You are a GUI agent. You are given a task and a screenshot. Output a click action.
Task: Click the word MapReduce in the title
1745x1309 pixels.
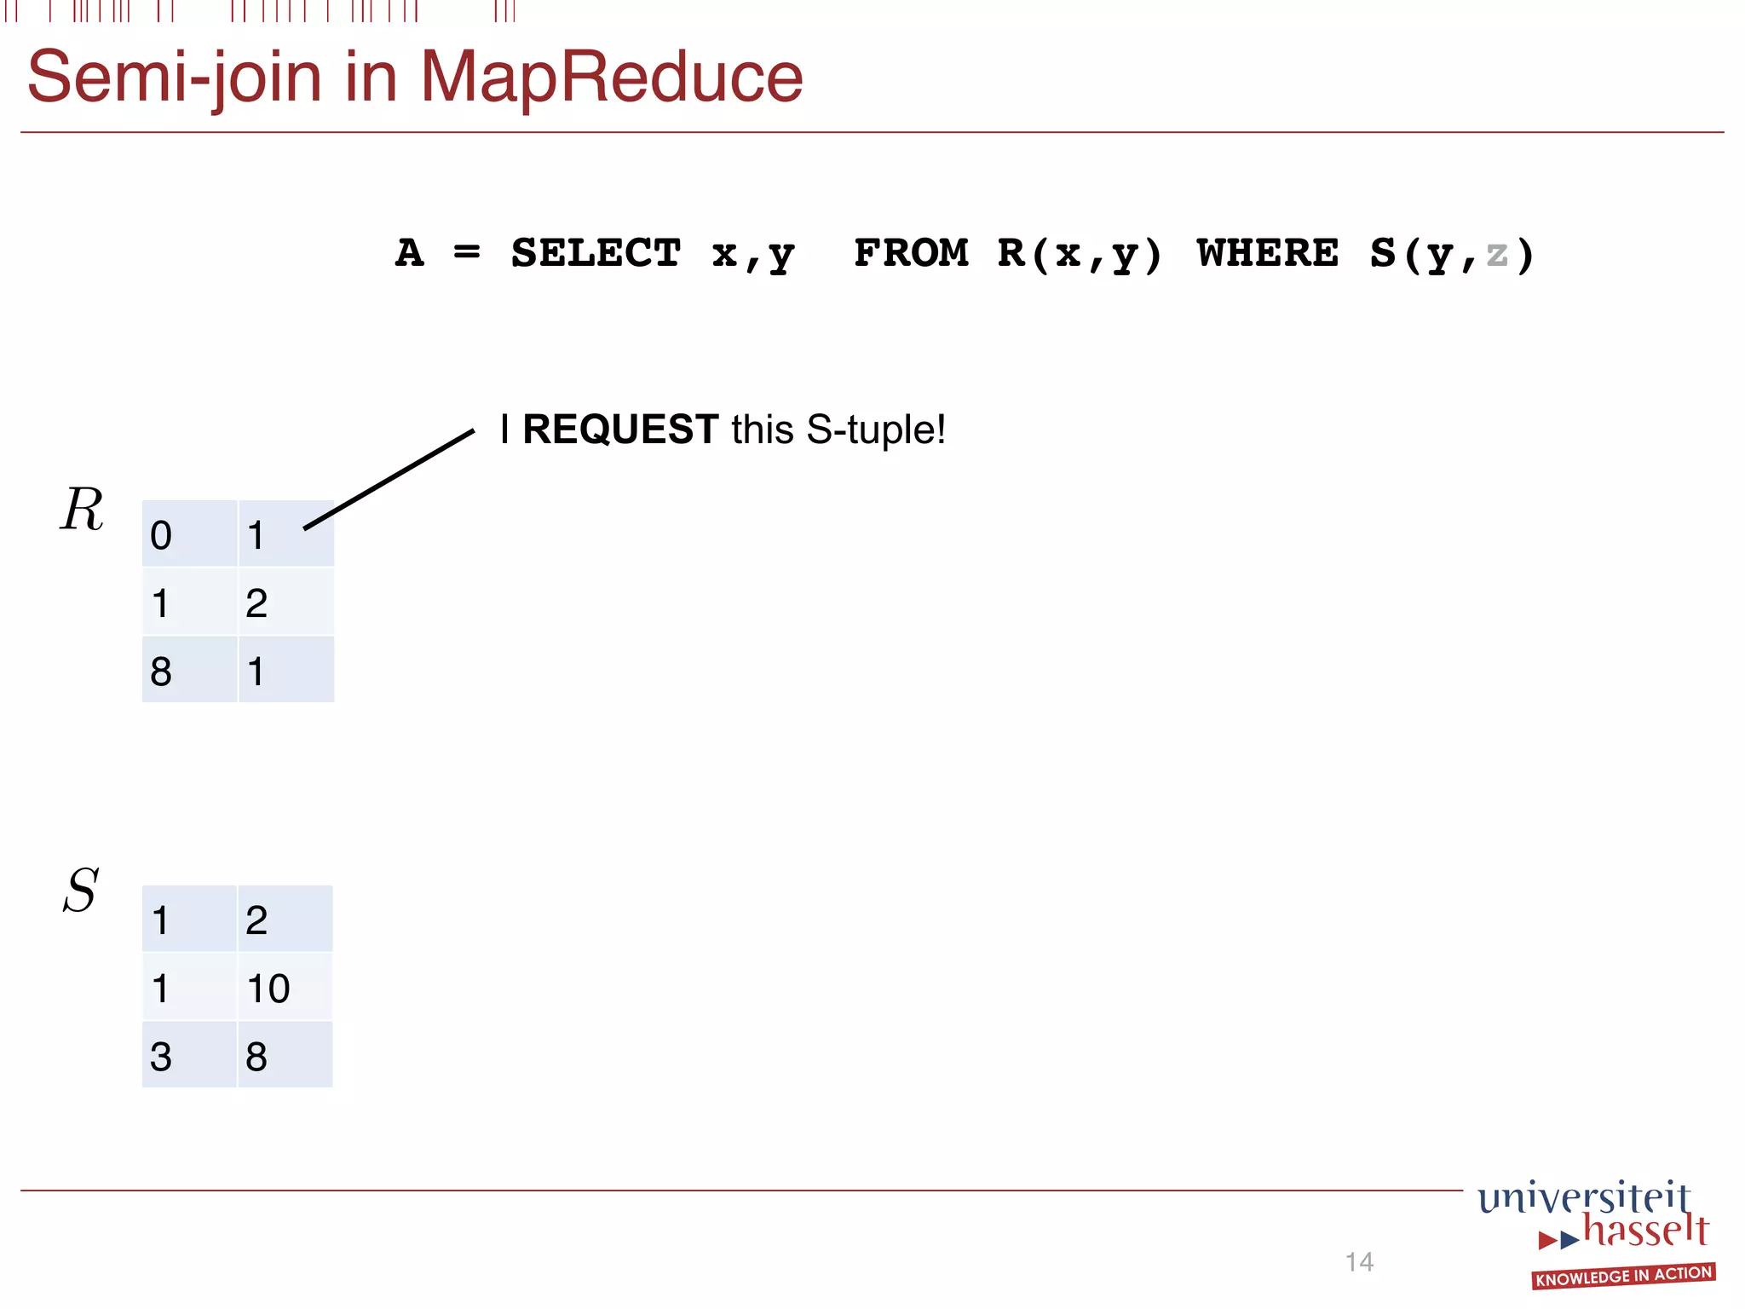tap(611, 78)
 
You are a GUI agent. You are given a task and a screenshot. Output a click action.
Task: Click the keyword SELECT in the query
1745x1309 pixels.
tap(596, 253)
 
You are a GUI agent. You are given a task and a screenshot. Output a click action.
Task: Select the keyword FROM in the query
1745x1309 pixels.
tap(911, 253)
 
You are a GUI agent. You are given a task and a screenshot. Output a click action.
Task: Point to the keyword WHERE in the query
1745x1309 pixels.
tap(1267, 253)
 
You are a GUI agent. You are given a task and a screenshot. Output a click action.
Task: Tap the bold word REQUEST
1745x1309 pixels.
tap(620, 429)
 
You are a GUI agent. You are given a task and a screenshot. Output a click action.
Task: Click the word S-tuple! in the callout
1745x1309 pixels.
tap(876, 430)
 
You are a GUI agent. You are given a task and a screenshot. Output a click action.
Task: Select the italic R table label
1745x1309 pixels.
tap(82, 510)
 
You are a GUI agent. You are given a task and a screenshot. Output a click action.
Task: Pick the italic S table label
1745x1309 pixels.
tap(81, 891)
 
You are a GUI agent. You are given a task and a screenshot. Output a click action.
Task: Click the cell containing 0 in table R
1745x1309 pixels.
tap(189, 534)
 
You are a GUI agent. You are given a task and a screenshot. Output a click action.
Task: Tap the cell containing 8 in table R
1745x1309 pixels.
tap(189, 671)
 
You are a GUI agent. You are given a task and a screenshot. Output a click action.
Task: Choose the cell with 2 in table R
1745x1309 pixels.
tap(285, 603)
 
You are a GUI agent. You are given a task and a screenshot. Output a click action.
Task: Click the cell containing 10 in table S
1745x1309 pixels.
tap(285, 988)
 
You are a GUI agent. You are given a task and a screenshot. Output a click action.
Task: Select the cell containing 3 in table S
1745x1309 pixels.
tap(189, 1056)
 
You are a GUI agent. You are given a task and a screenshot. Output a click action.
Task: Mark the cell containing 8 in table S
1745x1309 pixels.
tap(285, 1056)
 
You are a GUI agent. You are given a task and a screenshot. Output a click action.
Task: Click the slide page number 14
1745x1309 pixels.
tap(1359, 1261)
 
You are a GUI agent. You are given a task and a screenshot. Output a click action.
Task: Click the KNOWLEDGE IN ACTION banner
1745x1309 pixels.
tap(1623, 1276)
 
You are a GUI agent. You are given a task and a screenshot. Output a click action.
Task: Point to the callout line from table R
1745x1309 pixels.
tap(389, 479)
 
